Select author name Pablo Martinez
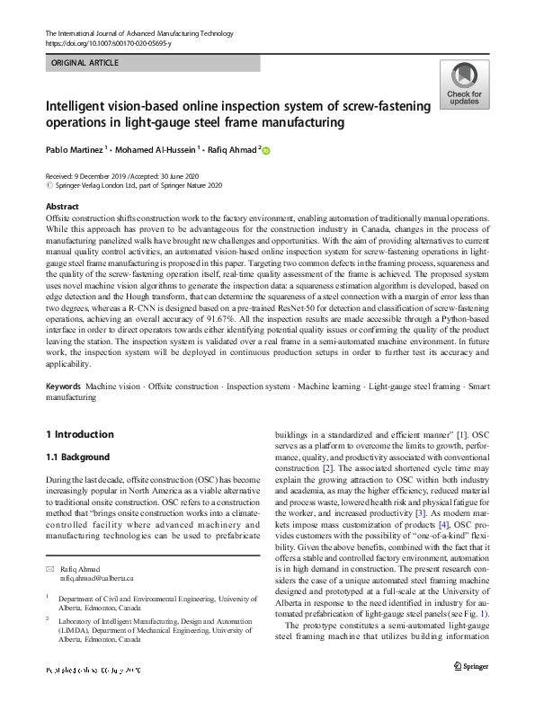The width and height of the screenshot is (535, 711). (x=76, y=150)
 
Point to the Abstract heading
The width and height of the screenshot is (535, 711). (x=62, y=207)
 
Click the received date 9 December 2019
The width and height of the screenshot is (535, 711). (x=111, y=176)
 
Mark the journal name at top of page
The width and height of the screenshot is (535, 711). (x=136, y=33)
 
